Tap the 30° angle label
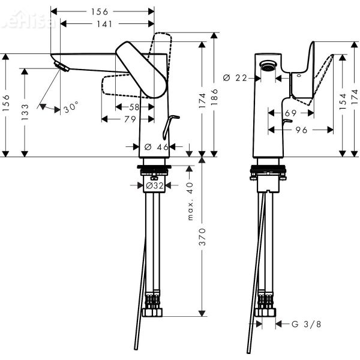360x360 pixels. (71, 108)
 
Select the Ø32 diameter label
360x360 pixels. (155, 186)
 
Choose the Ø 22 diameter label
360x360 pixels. (235, 77)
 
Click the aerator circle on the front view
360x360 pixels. (266, 68)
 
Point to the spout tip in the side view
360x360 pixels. (58, 65)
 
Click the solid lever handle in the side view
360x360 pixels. (142, 69)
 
